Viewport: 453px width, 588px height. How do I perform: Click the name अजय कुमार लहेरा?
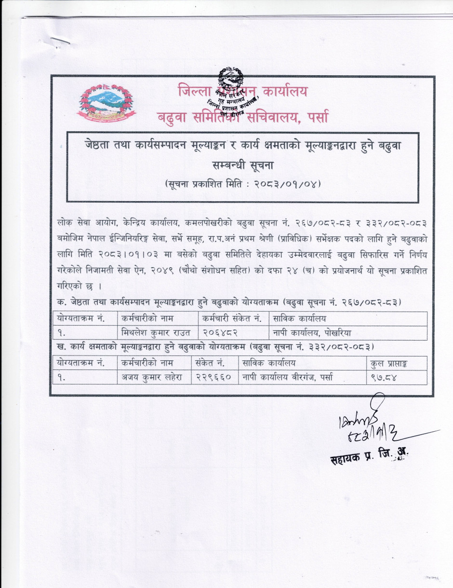(x=151, y=378)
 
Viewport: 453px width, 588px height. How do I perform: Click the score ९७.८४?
(x=384, y=378)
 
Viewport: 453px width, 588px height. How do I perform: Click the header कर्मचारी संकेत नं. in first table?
(x=232, y=318)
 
